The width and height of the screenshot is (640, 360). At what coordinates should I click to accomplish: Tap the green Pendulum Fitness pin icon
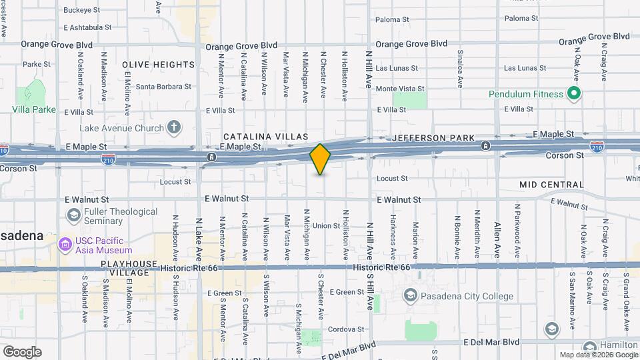click(573, 94)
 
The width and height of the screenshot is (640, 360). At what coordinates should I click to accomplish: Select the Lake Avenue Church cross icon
click(174, 127)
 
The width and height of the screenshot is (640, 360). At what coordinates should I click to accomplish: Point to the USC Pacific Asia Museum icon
click(65, 245)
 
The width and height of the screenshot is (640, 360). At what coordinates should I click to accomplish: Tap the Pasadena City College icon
click(411, 295)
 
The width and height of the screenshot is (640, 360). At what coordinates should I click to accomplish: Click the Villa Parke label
click(34, 109)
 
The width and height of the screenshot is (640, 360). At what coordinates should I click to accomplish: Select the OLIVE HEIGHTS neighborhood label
click(159, 65)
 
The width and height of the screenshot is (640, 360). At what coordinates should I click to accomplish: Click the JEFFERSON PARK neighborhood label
click(433, 138)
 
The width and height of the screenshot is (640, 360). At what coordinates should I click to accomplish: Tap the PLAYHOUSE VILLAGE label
click(129, 269)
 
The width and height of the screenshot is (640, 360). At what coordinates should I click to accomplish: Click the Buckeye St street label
click(81, 11)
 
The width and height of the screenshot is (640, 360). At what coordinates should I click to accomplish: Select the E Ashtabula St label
click(87, 27)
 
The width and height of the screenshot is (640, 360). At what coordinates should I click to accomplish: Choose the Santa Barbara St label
click(163, 87)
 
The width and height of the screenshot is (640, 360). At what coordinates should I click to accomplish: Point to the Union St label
click(327, 226)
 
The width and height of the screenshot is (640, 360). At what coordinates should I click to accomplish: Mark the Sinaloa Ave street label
click(459, 69)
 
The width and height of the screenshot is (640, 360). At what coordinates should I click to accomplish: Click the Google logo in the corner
click(22, 351)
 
